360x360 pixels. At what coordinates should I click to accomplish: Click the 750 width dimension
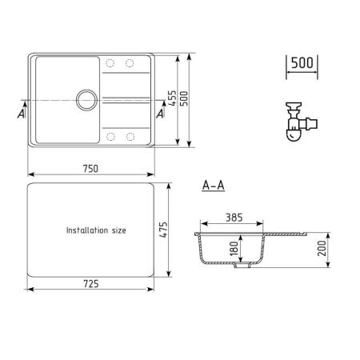pyautogui.click(x=90, y=167)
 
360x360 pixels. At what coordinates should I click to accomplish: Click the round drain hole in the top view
pyautogui.click(x=85, y=100)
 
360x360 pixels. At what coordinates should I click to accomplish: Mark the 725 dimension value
pyautogui.click(x=90, y=285)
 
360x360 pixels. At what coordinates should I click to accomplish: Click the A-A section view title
pyautogui.click(x=213, y=186)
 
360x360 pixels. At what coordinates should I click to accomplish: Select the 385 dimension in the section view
pyautogui.click(x=233, y=218)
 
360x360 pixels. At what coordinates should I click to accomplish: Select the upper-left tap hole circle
pyautogui.click(x=110, y=64)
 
